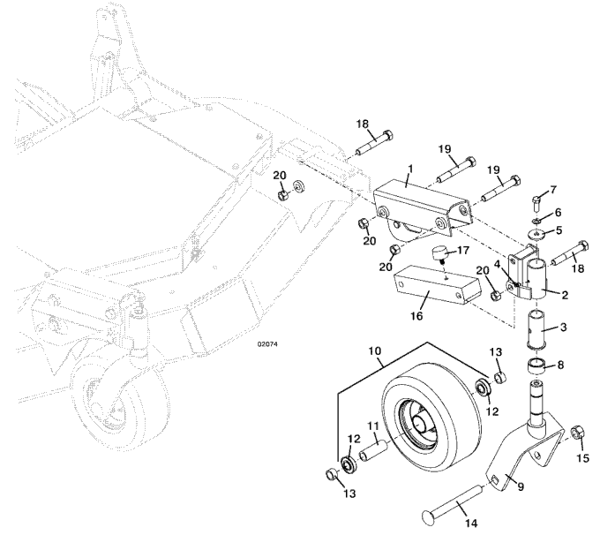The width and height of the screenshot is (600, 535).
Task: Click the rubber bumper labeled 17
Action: (x=437, y=258)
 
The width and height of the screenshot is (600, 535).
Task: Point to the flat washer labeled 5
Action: (x=536, y=234)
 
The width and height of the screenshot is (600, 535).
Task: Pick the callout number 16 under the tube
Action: (x=418, y=313)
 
